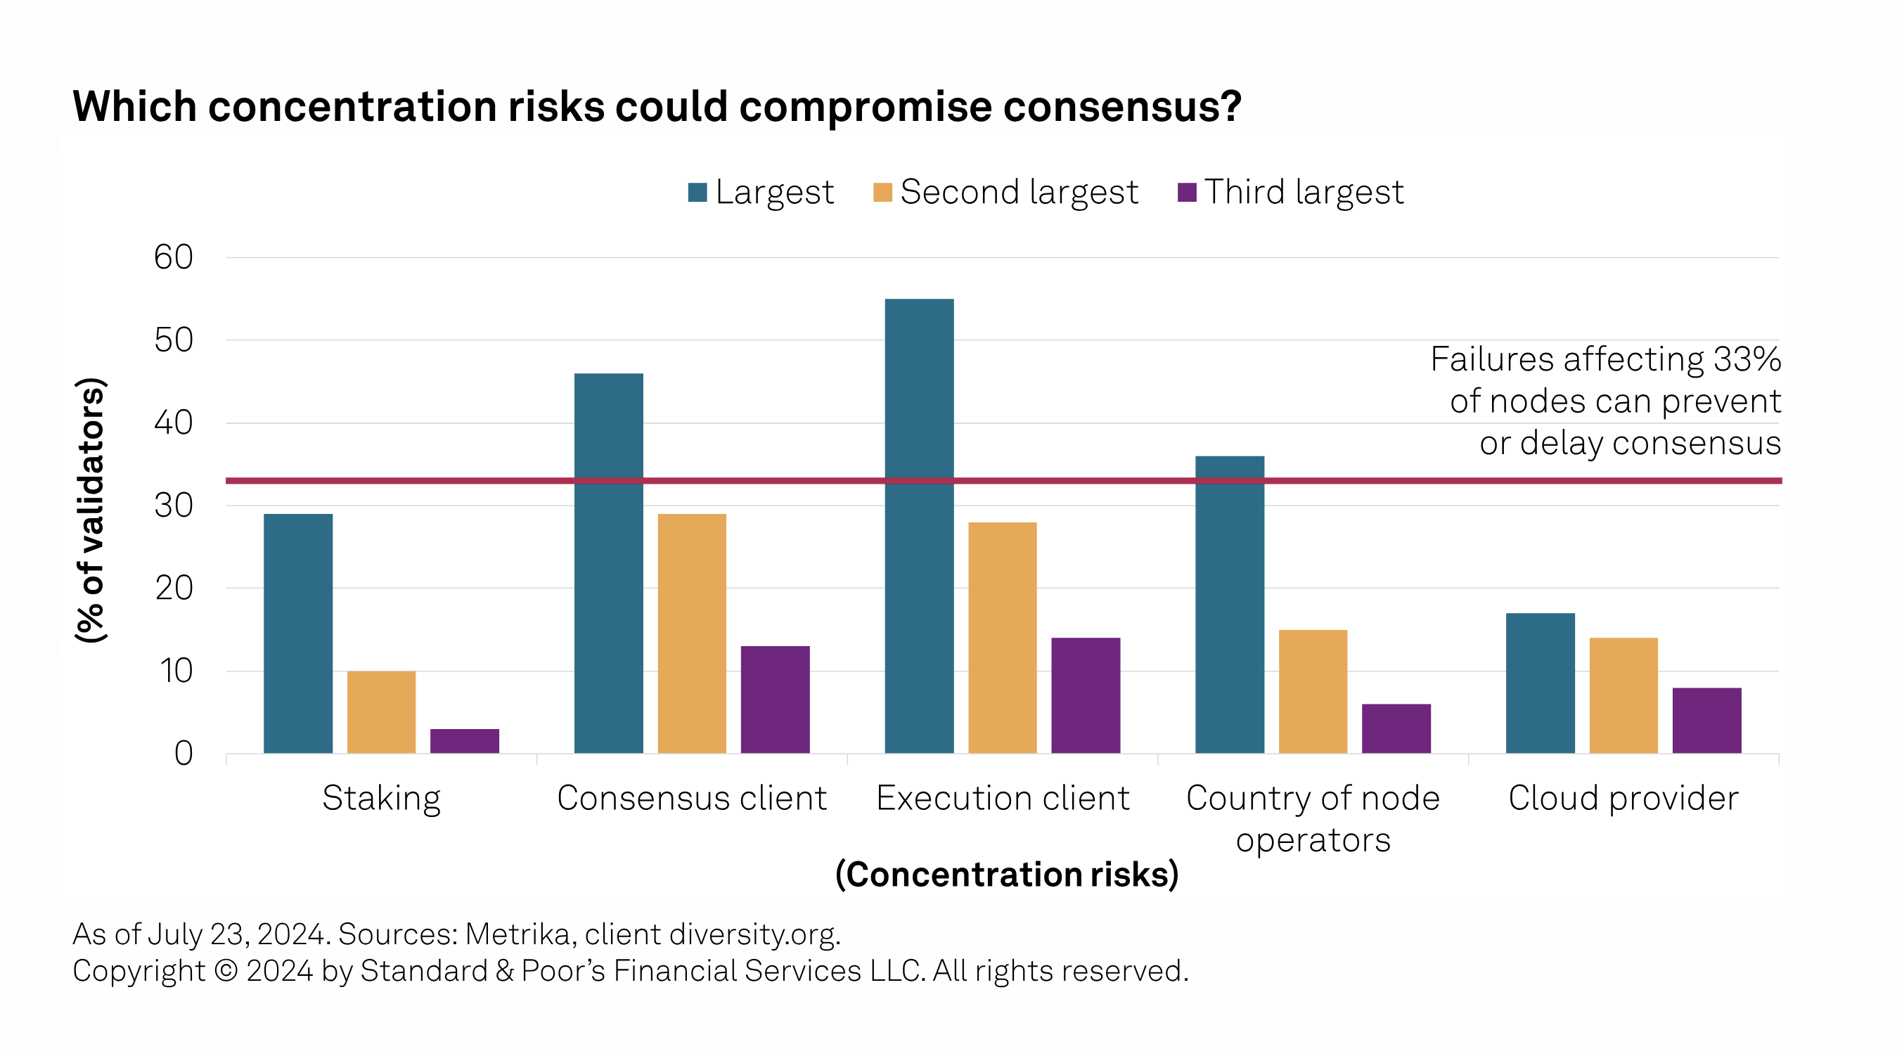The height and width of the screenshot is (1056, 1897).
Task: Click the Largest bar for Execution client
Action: [x=919, y=526]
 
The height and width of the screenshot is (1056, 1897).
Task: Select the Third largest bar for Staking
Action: [x=465, y=741]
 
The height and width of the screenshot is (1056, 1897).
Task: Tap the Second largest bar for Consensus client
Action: [x=691, y=633]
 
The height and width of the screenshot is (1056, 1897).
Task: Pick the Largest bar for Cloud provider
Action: [x=1540, y=683]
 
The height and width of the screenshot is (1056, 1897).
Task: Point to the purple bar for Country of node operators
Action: [x=1396, y=728]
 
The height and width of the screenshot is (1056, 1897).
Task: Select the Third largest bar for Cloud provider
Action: [x=1707, y=720]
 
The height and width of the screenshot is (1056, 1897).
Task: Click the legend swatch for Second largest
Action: [x=882, y=192]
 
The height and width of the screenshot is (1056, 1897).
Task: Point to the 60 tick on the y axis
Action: [x=174, y=258]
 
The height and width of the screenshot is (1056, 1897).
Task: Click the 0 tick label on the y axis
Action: [x=184, y=754]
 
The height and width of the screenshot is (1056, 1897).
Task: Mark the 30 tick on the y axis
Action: [x=174, y=506]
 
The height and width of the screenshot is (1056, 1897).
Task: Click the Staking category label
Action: [x=382, y=798]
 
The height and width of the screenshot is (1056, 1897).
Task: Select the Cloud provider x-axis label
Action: [x=1623, y=798]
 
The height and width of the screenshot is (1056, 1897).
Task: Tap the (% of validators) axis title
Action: [x=91, y=510]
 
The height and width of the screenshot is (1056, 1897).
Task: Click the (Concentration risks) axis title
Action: [x=1006, y=875]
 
